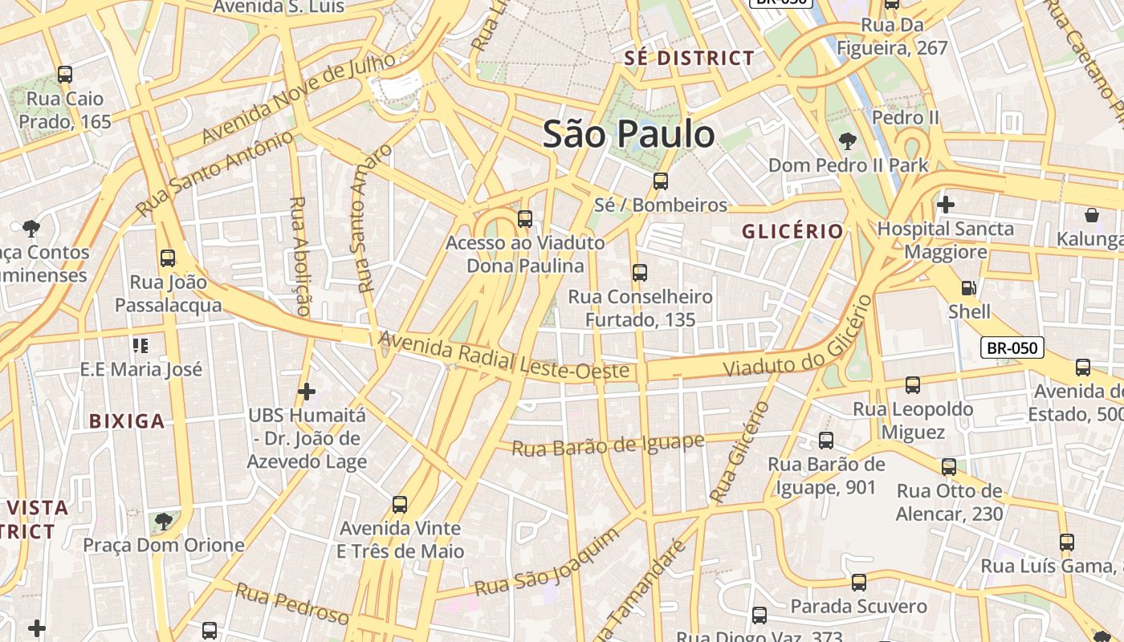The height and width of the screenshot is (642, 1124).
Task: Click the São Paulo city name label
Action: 629,134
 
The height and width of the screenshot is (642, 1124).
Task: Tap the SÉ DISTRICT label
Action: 690,58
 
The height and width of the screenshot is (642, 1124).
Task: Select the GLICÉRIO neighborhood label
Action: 792,232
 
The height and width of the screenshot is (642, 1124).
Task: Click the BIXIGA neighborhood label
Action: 127,421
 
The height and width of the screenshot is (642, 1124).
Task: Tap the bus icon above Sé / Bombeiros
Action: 661,181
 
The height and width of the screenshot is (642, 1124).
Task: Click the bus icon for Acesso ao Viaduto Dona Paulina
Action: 525,218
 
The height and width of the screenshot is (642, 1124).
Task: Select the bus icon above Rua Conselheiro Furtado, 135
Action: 640,273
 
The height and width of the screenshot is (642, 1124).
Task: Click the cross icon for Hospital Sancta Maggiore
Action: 946,205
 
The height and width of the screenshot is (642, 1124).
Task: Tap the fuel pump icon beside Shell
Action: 969,287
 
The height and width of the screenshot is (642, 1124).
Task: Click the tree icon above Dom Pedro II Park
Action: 847,142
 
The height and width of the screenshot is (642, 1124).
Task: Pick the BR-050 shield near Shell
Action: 1012,348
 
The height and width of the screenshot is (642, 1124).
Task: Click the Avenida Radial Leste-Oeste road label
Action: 503,357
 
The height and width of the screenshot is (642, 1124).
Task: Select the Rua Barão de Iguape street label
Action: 609,445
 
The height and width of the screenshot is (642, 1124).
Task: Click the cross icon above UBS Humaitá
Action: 307,392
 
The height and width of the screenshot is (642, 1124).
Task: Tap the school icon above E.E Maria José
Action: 140,346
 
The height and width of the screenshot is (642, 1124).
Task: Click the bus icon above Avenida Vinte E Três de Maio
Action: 400,505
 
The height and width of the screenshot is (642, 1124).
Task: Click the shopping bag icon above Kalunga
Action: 1092,215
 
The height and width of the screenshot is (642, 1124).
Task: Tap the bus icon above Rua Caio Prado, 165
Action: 65,75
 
